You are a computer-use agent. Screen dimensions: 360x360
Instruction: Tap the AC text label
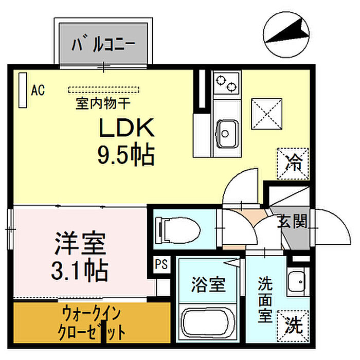click(38, 90)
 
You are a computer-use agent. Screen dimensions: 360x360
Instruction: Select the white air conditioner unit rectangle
click(23, 90)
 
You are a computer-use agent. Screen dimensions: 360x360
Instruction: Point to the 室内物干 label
click(103, 103)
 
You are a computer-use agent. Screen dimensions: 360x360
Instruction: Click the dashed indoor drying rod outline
click(103, 90)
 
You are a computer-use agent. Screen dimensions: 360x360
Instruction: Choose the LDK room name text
click(127, 128)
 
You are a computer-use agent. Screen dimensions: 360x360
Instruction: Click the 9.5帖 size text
click(126, 154)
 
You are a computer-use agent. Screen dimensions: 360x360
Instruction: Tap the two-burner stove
click(226, 83)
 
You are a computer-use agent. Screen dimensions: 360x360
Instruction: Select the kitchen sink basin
click(226, 134)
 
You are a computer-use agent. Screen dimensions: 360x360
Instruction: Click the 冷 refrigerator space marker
click(293, 164)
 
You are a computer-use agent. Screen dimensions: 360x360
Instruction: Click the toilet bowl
click(178, 230)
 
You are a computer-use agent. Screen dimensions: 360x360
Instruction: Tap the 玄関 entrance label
click(292, 222)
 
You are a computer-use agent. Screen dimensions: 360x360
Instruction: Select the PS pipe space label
click(161, 264)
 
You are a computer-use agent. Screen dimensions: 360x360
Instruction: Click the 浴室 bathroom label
click(208, 285)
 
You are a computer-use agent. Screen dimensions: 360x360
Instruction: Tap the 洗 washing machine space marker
click(293, 326)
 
